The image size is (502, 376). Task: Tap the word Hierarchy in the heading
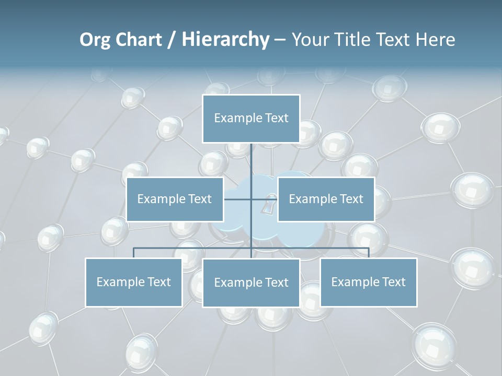click(225, 40)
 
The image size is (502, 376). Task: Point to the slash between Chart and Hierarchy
click(172, 40)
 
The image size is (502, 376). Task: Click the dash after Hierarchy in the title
click(280, 40)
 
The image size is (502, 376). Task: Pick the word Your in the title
click(310, 40)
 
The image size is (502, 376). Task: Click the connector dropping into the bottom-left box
click(133, 253)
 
